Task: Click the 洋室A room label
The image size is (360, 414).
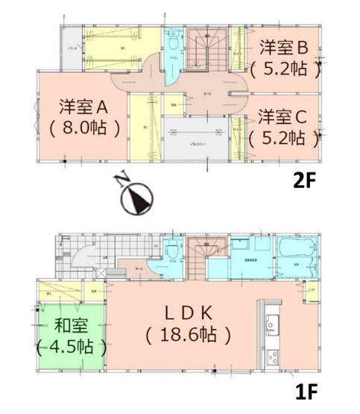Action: tap(74, 104)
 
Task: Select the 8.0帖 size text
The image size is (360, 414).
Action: tap(75, 127)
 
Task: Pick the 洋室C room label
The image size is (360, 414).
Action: tap(283, 116)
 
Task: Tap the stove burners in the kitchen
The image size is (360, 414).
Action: tap(273, 357)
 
